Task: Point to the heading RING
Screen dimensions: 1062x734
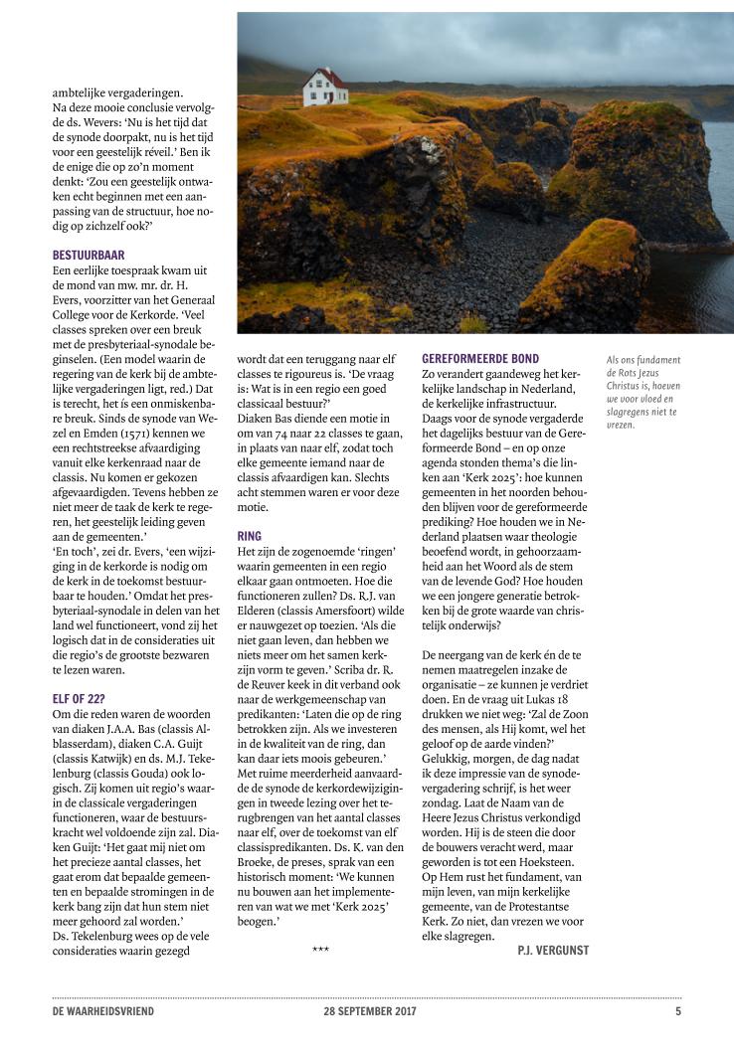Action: point(250,537)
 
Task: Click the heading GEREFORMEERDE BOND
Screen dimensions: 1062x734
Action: point(480,358)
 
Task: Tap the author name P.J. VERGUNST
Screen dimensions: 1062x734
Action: point(553,951)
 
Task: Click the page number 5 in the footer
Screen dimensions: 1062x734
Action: point(677,1011)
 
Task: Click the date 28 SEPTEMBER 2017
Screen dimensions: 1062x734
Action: point(369,1011)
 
